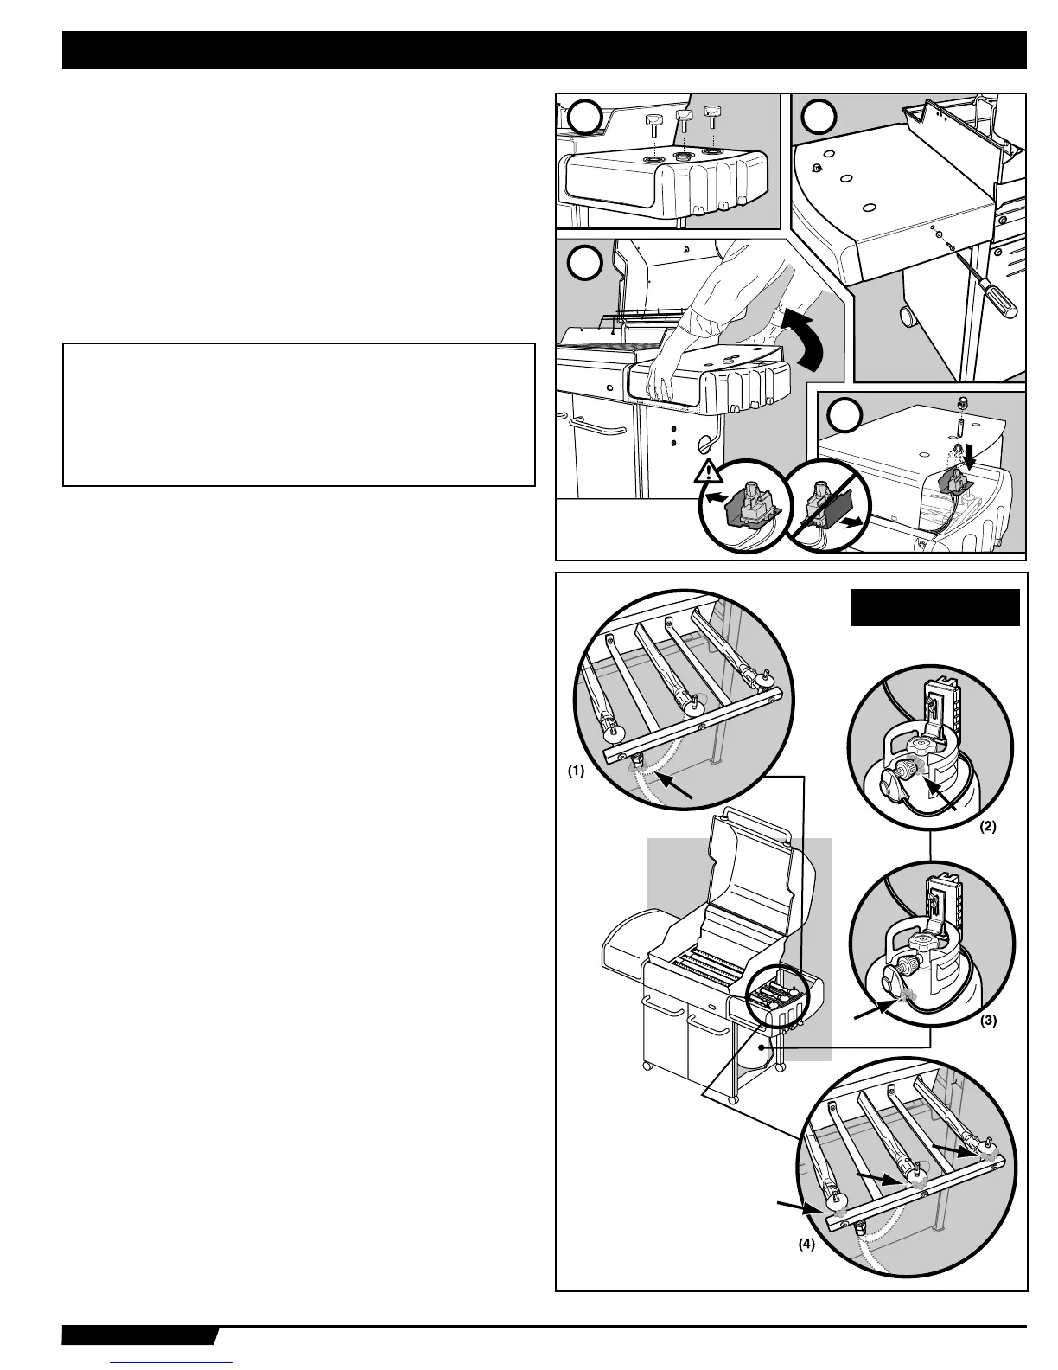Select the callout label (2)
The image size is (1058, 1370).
pyautogui.click(x=988, y=826)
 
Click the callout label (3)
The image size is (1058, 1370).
pyautogui.click(x=988, y=1020)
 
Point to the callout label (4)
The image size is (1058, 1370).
pyautogui.click(x=804, y=1247)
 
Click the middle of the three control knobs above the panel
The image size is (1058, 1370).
pyautogui.click(x=684, y=120)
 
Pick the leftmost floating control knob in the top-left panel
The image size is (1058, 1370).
pyautogui.click(x=653, y=123)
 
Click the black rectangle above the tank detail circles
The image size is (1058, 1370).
pyautogui.click(x=935, y=607)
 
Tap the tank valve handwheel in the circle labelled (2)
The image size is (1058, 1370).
pyautogui.click(x=890, y=770)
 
